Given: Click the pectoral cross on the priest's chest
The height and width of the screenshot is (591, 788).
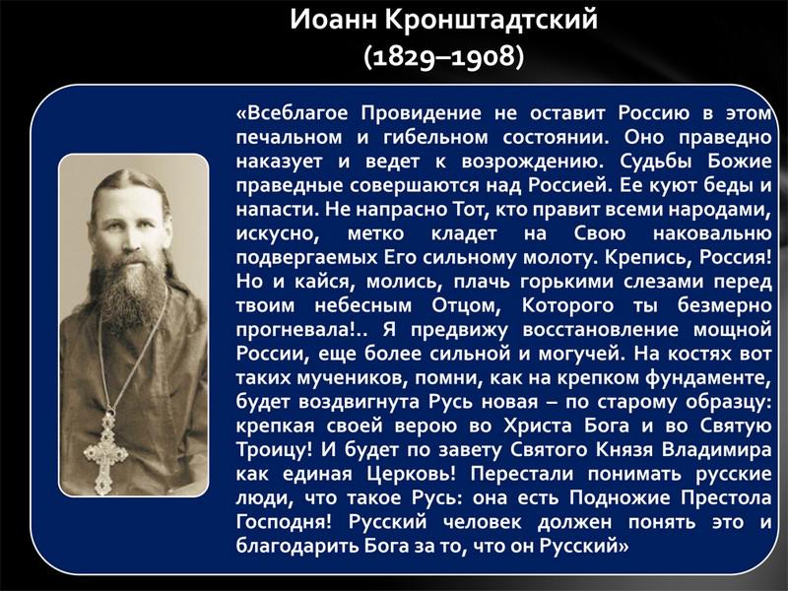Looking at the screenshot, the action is [105, 451].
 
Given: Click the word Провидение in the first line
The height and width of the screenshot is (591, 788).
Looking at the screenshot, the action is [422, 112].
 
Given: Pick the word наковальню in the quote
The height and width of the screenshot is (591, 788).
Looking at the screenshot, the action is [712, 233].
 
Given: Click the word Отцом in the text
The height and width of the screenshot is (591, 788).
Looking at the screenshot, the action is [465, 305].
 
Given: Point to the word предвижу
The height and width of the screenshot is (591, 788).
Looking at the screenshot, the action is [459, 331].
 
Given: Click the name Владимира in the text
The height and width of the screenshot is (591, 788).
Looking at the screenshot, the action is [716, 450].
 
